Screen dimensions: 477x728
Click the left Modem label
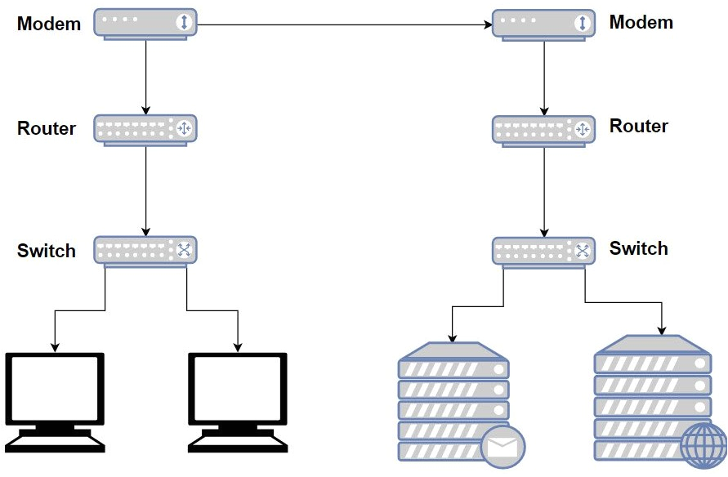tap(49, 24)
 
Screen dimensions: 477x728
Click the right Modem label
tap(641, 22)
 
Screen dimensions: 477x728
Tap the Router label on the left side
tap(47, 128)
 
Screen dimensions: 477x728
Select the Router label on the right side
tap(639, 126)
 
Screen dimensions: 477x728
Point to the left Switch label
tap(47, 251)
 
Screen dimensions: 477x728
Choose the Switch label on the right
tap(639, 248)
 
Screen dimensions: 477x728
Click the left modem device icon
tap(146, 23)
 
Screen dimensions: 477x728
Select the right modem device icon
tap(544, 24)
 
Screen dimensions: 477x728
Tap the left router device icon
tap(146, 129)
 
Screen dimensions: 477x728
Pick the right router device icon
tap(544, 129)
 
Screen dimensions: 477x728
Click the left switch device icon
tap(146, 250)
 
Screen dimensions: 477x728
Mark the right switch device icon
tap(544, 251)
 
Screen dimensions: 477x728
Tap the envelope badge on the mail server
tap(502, 447)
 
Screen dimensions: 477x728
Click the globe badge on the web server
tap(702, 447)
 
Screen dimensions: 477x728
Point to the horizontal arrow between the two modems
tap(343, 25)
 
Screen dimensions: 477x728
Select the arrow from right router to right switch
tap(544, 193)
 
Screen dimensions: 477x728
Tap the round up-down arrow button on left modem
tap(184, 23)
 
